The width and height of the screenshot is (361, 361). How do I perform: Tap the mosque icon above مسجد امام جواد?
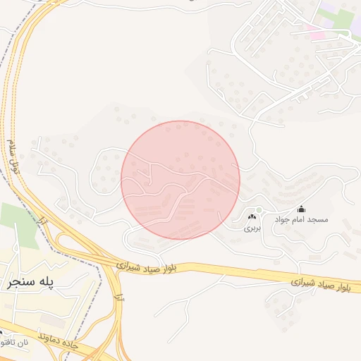click(302, 209)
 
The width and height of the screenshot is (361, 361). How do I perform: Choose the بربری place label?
click(252, 228)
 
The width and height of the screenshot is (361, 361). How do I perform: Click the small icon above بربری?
click(252, 216)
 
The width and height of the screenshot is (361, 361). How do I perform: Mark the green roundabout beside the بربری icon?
click(259, 210)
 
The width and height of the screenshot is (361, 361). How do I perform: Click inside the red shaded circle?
click(180, 180)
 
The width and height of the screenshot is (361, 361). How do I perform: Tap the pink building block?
click(315, 33)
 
